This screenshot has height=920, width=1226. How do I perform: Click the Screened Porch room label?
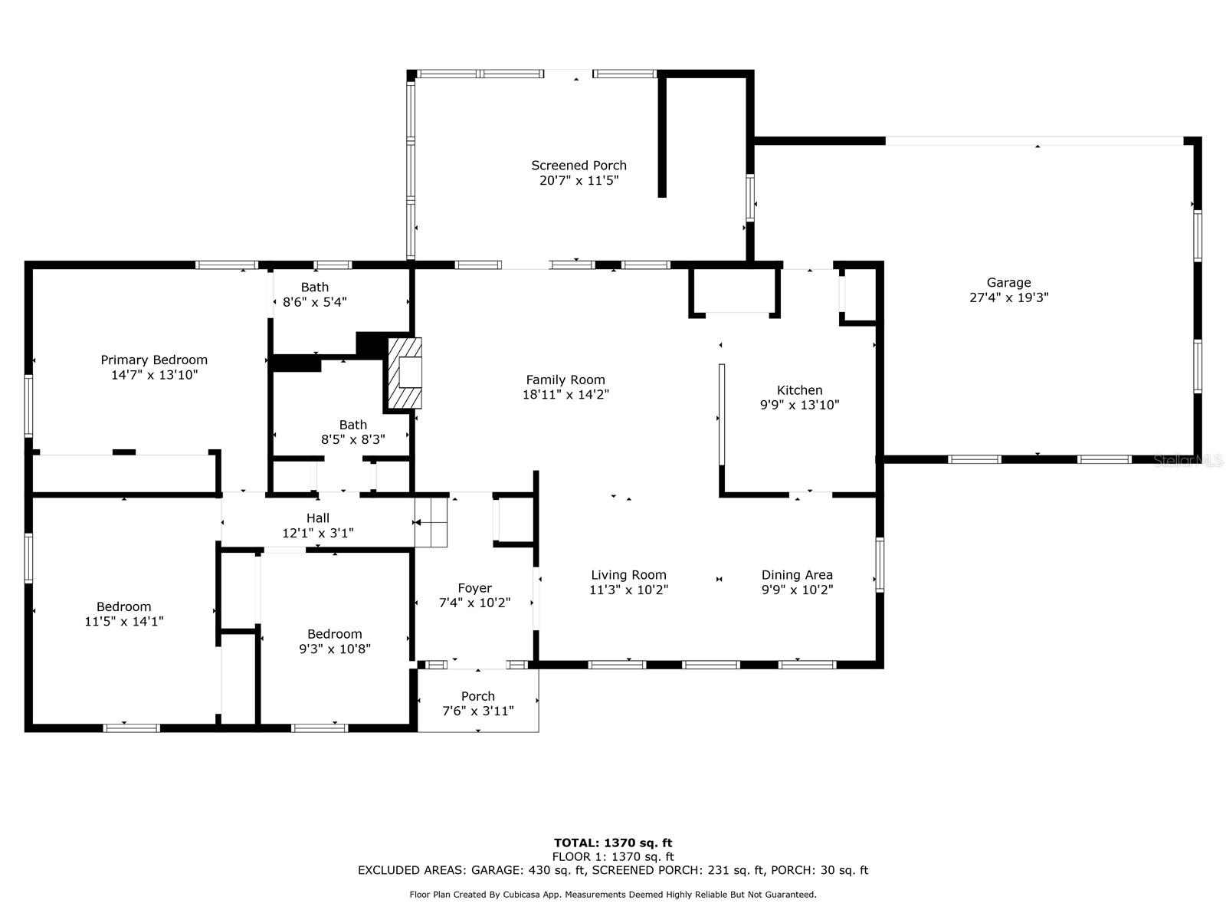579,166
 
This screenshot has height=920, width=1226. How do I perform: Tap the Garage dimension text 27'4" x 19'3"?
1008,297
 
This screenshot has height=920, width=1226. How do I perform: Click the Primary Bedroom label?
154,360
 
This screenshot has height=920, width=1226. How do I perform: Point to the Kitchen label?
799,390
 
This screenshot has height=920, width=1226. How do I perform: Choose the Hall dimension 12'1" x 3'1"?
318,533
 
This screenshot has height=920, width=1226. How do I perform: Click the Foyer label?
475,587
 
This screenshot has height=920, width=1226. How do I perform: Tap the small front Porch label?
478,696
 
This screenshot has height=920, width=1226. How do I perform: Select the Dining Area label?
797,575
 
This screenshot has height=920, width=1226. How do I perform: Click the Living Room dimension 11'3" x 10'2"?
629,590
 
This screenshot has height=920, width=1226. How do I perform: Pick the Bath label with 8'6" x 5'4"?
315,287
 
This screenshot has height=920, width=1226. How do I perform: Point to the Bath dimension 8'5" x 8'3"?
353,439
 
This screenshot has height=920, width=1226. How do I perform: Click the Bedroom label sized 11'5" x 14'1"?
123,606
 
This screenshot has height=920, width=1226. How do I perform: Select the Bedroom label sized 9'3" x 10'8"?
335,634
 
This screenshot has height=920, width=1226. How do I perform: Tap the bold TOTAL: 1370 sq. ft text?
613,843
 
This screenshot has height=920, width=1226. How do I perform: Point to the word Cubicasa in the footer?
523,894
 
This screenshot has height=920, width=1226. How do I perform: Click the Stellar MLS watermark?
1188,461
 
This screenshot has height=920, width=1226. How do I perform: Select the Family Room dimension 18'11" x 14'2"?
565,394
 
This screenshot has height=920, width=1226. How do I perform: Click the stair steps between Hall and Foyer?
431,522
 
